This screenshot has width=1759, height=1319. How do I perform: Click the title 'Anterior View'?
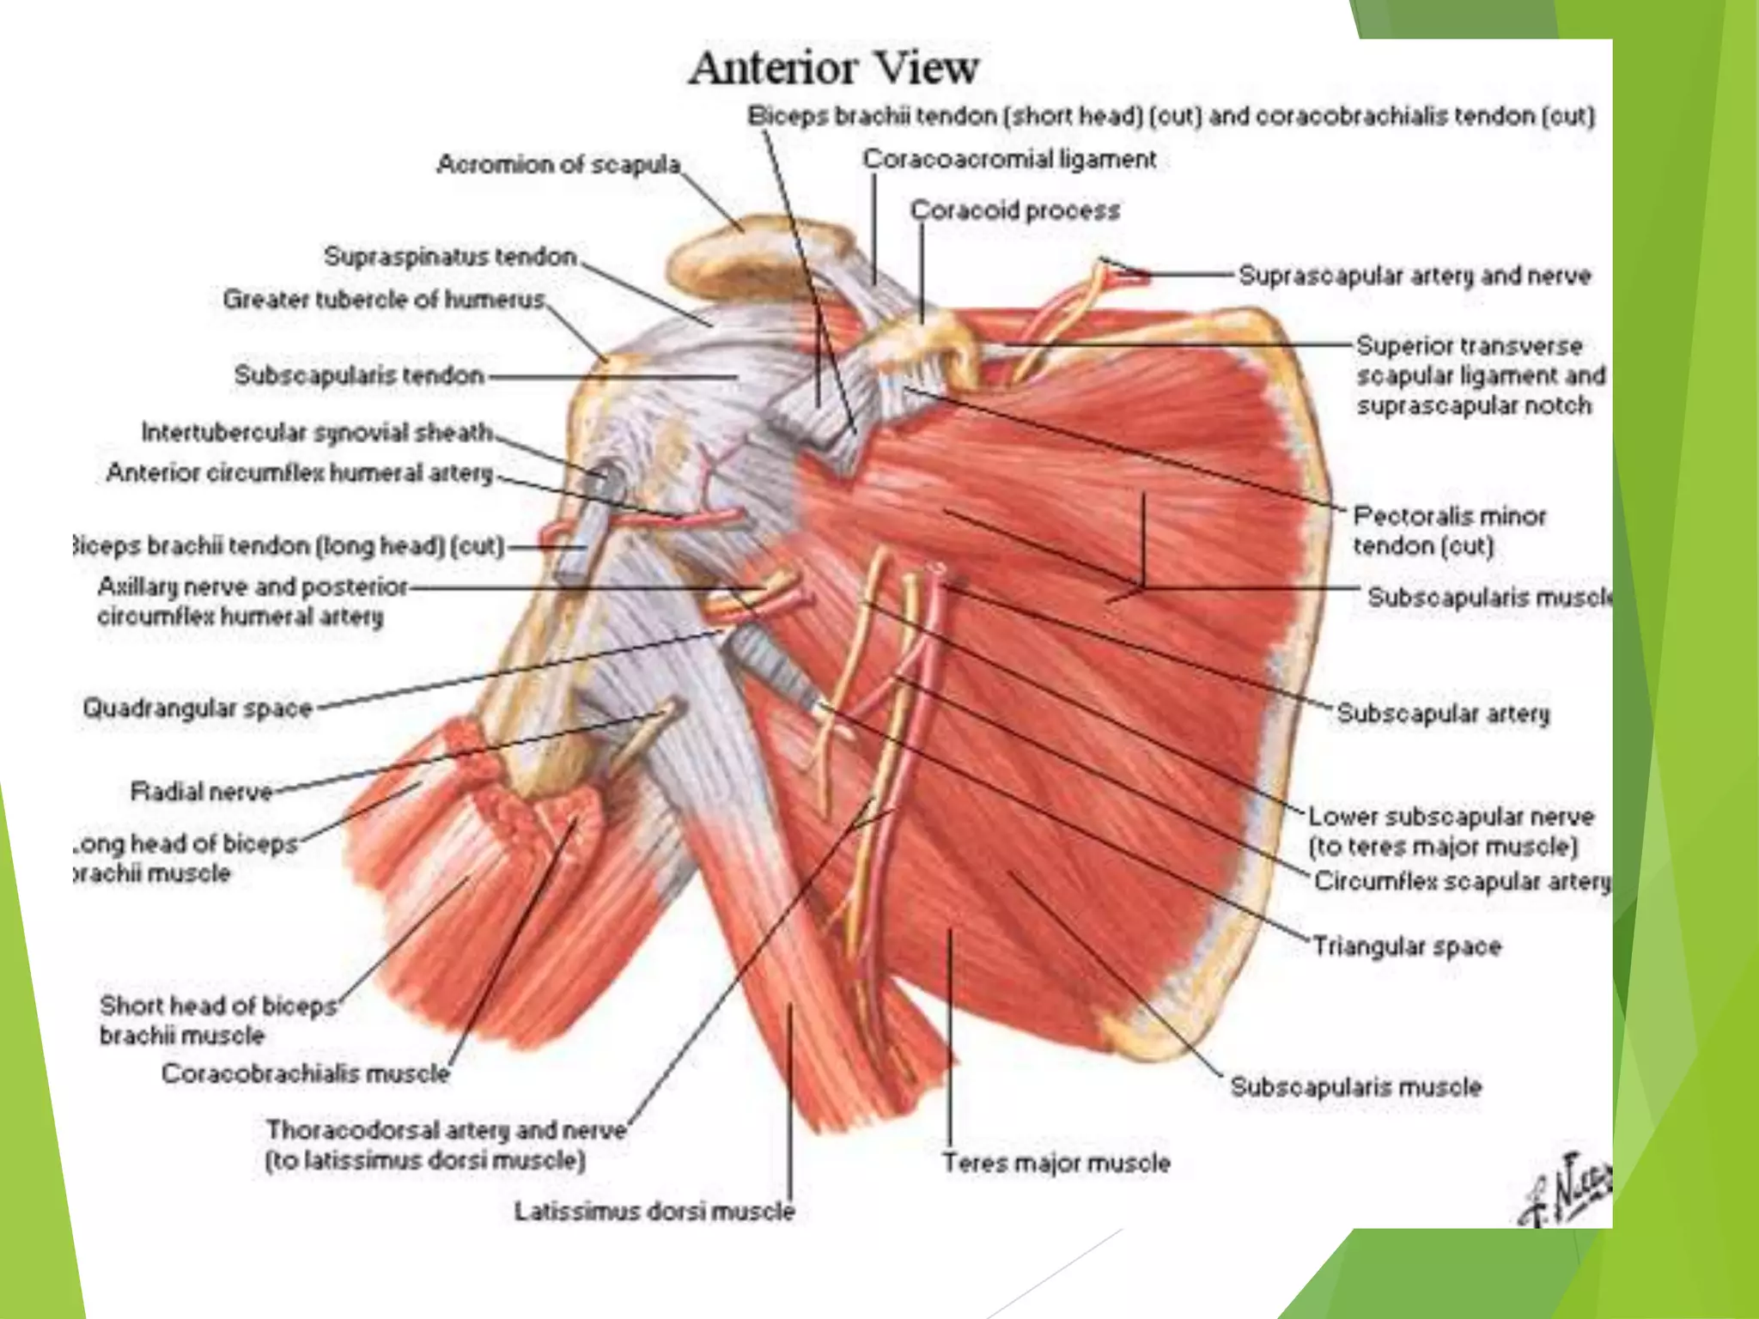point(833,68)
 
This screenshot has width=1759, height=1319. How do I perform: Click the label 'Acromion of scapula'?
point(558,164)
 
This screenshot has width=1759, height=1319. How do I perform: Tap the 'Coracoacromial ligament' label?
point(1009,159)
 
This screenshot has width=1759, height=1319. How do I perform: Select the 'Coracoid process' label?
point(1015,210)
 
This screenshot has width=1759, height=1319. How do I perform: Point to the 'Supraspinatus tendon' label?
point(450,256)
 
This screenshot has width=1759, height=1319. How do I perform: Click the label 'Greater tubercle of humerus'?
point(384,299)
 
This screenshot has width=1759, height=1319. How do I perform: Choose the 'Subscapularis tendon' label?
point(359,375)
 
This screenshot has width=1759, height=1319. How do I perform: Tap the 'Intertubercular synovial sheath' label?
point(317,432)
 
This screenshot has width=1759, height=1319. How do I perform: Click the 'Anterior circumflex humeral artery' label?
point(300,472)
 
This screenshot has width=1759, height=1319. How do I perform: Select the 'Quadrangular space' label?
point(198,708)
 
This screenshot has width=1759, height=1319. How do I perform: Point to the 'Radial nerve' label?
point(201,791)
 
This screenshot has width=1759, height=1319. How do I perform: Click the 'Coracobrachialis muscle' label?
point(306,1073)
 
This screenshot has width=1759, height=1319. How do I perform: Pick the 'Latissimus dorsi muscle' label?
point(654,1211)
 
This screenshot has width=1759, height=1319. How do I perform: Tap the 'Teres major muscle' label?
point(1056,1163)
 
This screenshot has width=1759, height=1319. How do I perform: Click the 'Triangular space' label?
point(1407,946)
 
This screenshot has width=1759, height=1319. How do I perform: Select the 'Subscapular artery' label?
point(1443,713)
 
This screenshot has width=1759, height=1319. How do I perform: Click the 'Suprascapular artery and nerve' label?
point(1415,276)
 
